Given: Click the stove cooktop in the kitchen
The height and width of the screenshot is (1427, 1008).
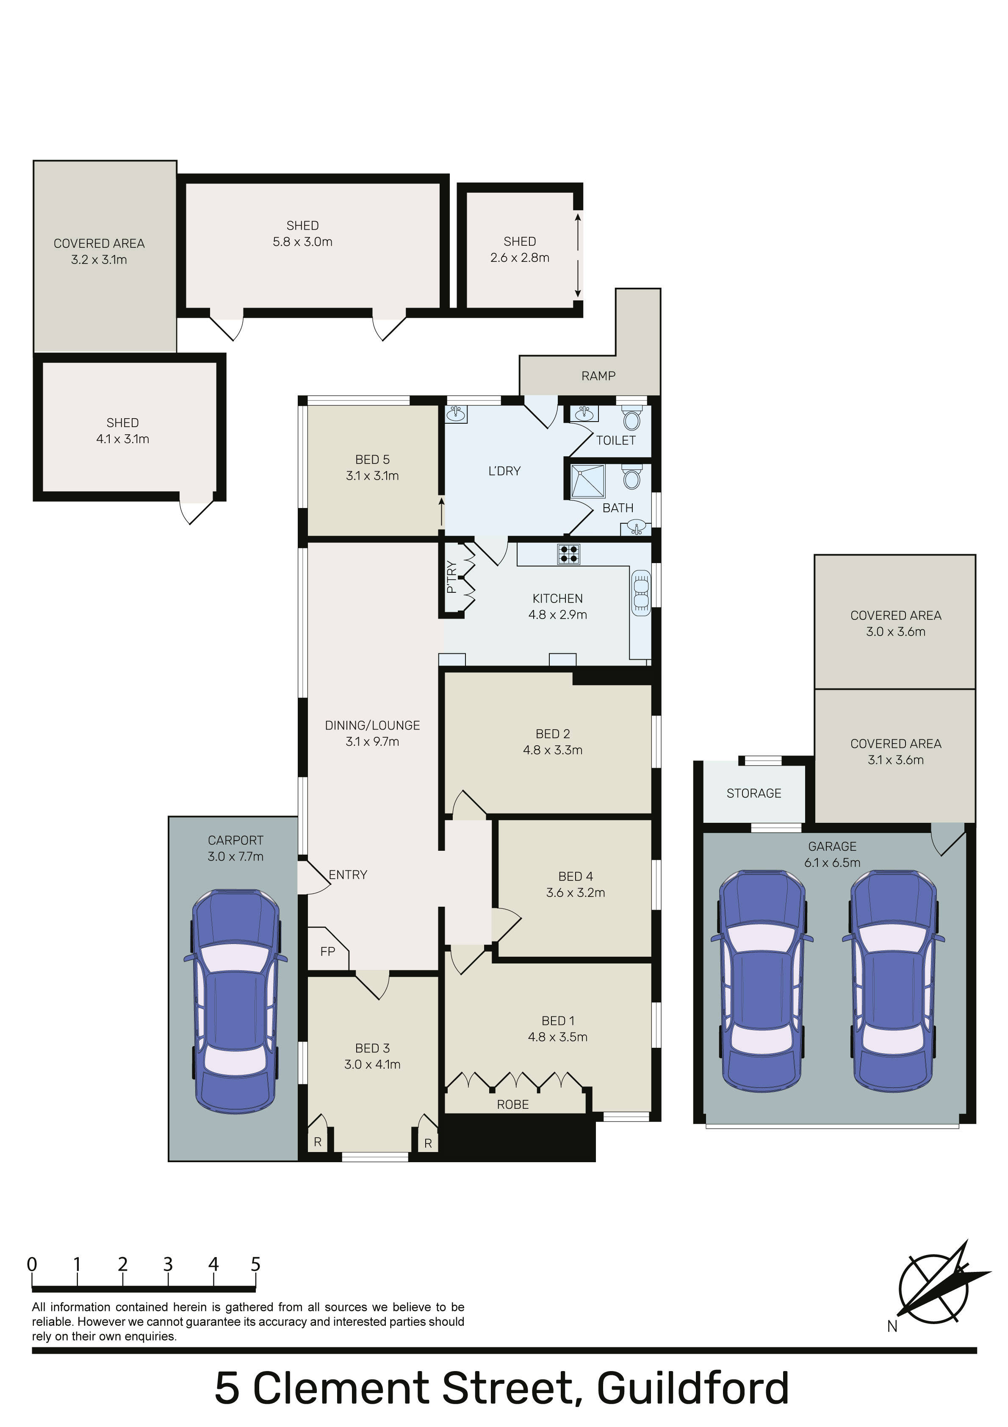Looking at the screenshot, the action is (569, 554).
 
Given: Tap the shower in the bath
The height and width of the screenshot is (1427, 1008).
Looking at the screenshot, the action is (588, 481).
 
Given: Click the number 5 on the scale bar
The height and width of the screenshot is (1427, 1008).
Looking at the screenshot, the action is (255, 1264).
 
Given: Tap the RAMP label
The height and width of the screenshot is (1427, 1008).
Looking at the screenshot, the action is (598, 376).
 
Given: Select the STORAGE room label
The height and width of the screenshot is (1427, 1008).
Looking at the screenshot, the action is (754, 793).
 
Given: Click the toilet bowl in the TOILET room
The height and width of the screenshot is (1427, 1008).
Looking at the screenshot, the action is (631, 419).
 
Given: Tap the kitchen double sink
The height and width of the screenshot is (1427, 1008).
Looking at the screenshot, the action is (641, 593).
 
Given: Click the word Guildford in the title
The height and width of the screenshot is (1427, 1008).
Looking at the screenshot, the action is (693, 1388).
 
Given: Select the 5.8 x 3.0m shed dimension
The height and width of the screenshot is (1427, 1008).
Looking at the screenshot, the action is (303, 242).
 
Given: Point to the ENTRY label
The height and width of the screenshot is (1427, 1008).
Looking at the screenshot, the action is (348, 875).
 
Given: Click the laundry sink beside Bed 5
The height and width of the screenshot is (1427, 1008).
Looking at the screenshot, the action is (457, 414).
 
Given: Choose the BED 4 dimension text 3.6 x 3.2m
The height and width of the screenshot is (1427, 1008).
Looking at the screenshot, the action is (576, 892).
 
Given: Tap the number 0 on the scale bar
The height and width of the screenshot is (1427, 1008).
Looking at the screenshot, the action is (32, 1264).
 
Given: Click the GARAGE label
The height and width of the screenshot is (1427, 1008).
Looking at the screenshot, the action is (832, 847).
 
